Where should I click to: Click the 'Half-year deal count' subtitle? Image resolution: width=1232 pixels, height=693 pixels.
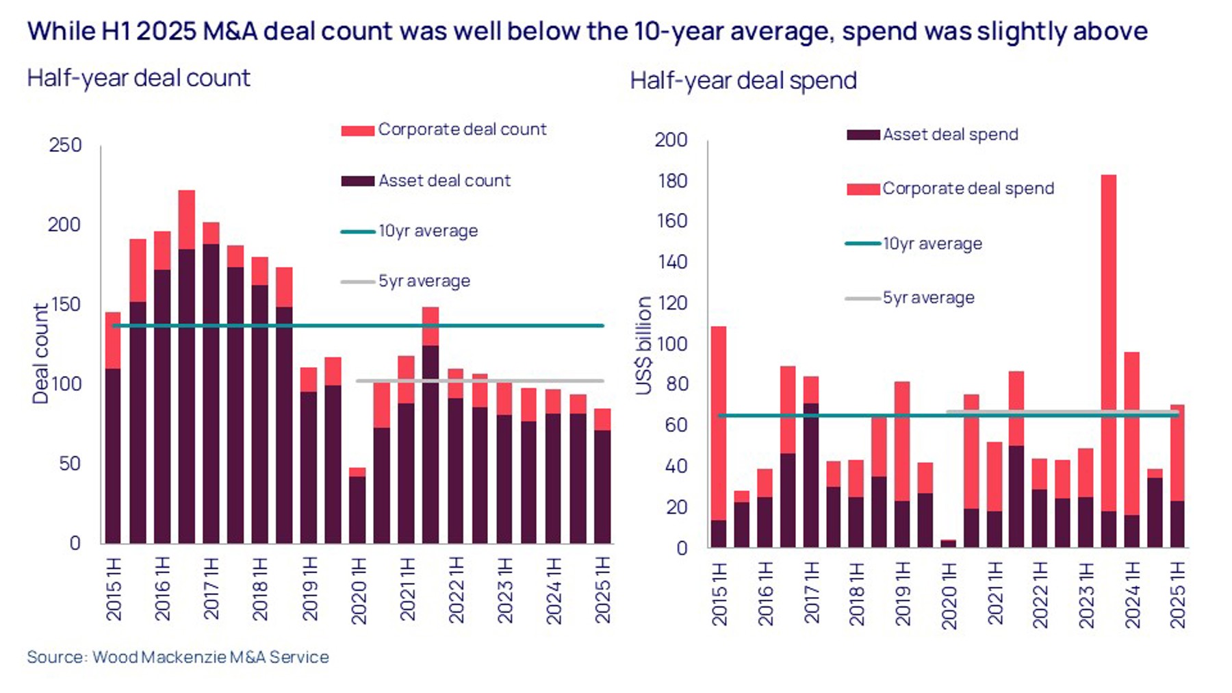138,78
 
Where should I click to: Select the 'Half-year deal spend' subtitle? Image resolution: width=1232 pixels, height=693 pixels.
743,81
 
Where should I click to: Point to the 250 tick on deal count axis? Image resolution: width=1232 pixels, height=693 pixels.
65,145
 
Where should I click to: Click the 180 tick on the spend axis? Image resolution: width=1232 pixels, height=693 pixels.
671,181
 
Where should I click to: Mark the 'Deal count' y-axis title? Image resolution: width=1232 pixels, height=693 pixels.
41,353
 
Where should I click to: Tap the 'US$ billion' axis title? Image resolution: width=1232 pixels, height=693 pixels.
643,346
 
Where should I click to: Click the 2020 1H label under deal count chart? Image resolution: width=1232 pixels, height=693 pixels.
359,590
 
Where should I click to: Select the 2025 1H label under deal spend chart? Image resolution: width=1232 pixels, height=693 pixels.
1177,594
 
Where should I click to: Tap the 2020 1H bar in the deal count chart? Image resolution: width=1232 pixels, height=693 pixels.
357,507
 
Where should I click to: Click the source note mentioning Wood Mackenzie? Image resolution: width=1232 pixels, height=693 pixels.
178,657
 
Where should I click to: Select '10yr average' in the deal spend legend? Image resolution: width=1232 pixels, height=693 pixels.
932,244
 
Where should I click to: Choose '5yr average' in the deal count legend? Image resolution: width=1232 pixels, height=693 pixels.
424,281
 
